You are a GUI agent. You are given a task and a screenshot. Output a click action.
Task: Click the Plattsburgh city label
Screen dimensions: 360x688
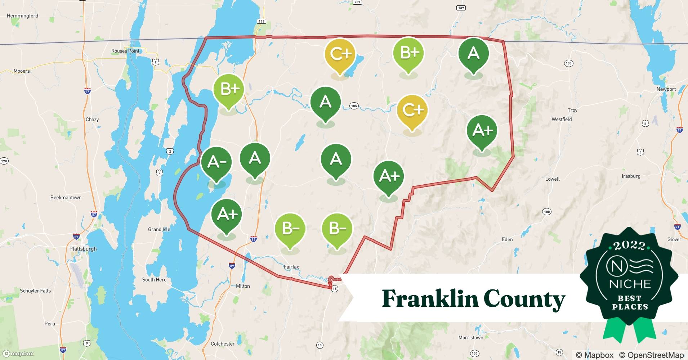tap(83, 249)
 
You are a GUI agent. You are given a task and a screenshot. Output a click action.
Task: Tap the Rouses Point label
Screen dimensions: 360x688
tap(125, 51)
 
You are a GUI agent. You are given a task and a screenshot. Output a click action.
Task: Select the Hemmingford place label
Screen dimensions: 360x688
tap(22, 16)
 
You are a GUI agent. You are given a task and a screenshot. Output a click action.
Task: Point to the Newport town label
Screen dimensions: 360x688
tap(666, 89)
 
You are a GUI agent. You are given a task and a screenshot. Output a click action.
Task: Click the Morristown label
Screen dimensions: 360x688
tap(471, 338)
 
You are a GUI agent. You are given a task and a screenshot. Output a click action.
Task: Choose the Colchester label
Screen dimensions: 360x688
tap(223, 344)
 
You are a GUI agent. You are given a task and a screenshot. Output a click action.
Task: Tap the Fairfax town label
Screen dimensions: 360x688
tap(291, 267)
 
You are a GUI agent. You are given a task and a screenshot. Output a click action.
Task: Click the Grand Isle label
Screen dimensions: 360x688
tap(159, 229)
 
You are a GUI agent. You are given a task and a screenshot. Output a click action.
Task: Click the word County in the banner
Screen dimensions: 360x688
tap(524, 299)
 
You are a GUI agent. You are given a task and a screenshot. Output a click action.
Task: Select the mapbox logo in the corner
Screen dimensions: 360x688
tap(18, 354)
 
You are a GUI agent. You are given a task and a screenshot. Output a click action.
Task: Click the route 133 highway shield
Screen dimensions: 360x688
tap(261, 21)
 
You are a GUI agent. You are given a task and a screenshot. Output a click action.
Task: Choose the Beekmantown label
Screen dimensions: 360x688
tap(66, 198)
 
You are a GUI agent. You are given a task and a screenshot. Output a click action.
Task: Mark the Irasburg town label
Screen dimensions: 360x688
tap(631, 176)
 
